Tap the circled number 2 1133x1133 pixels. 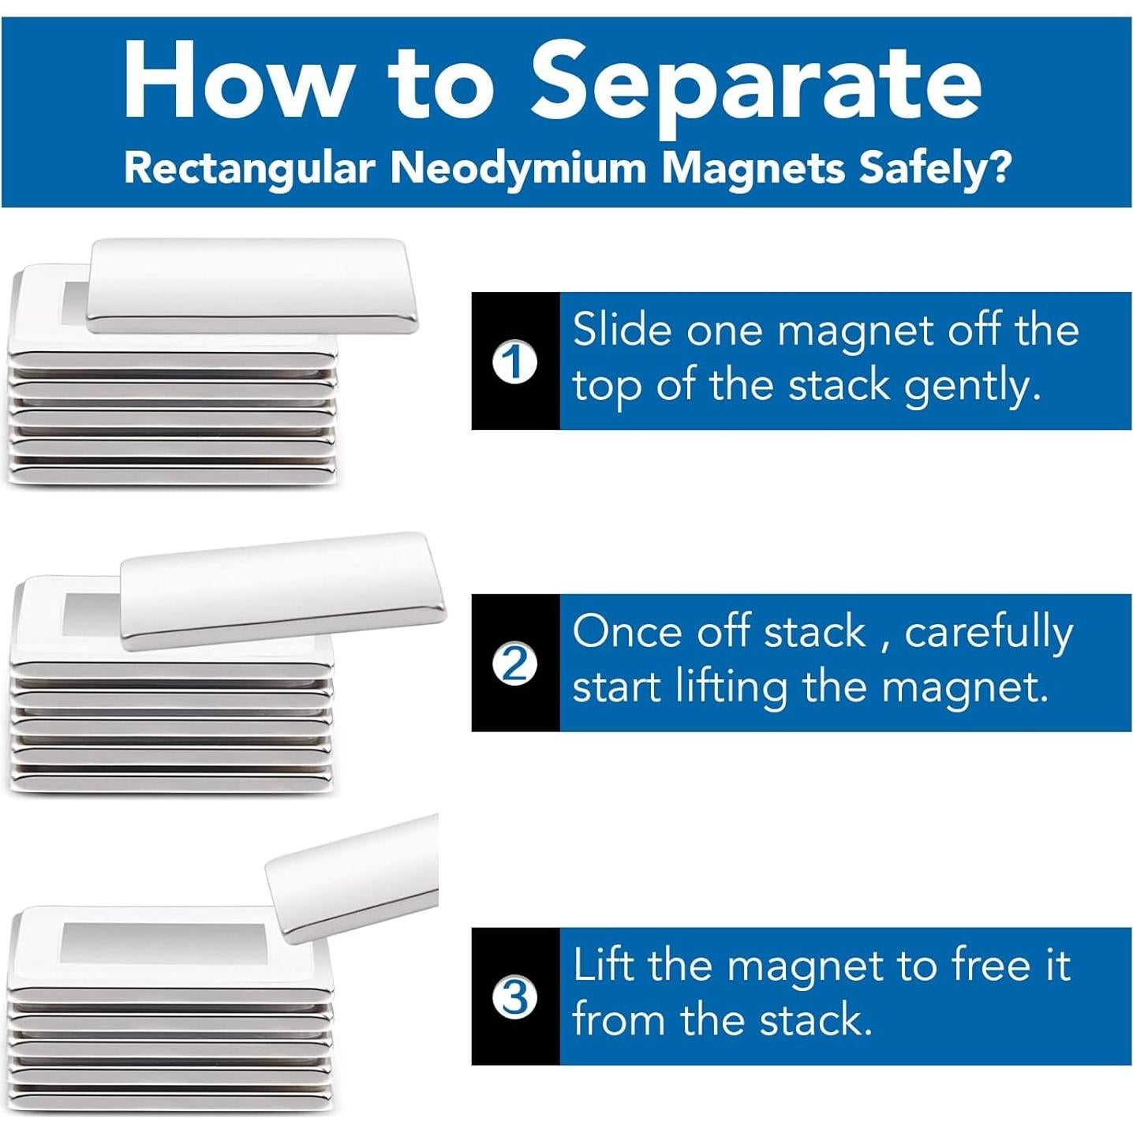[x=516, y=667]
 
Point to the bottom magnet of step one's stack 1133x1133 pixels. [x=174, y=475]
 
